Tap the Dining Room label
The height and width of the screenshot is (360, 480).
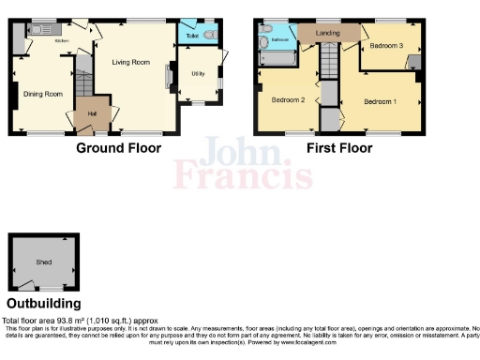tap(42, 94)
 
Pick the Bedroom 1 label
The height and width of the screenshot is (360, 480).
tap(381, 101)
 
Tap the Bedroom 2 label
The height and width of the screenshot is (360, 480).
tap(289, 99)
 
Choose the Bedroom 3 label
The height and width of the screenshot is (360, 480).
tap(385, 45)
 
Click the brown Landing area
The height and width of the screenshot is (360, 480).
tap(328, 34)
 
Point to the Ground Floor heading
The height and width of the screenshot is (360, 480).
tap(118, 148)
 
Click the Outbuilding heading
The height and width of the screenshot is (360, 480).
tap(43, 304)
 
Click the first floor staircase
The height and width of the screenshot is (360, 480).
tap(329, 67)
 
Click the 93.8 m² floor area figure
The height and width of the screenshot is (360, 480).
tap(72, 321)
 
